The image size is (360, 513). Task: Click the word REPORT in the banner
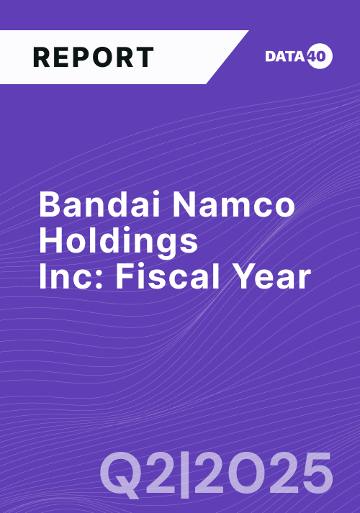point(94,58)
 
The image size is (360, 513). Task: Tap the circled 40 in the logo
point(320,56)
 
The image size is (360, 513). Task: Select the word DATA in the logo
point(285,56)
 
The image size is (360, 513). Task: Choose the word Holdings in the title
point(119,242)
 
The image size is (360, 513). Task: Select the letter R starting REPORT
point(41,58)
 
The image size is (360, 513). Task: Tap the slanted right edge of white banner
point(228,58)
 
